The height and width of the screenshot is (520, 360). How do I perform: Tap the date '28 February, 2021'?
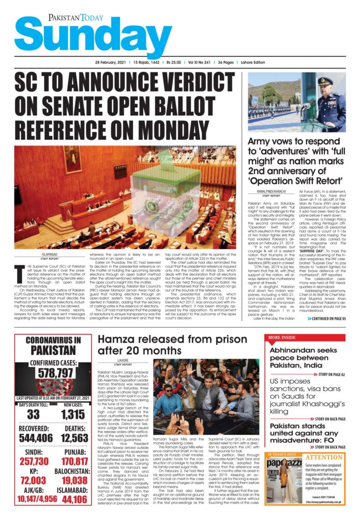click(112, 63)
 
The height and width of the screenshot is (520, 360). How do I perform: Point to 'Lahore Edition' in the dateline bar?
click(252, 63)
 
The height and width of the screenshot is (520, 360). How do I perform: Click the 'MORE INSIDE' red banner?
click(283, 338)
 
